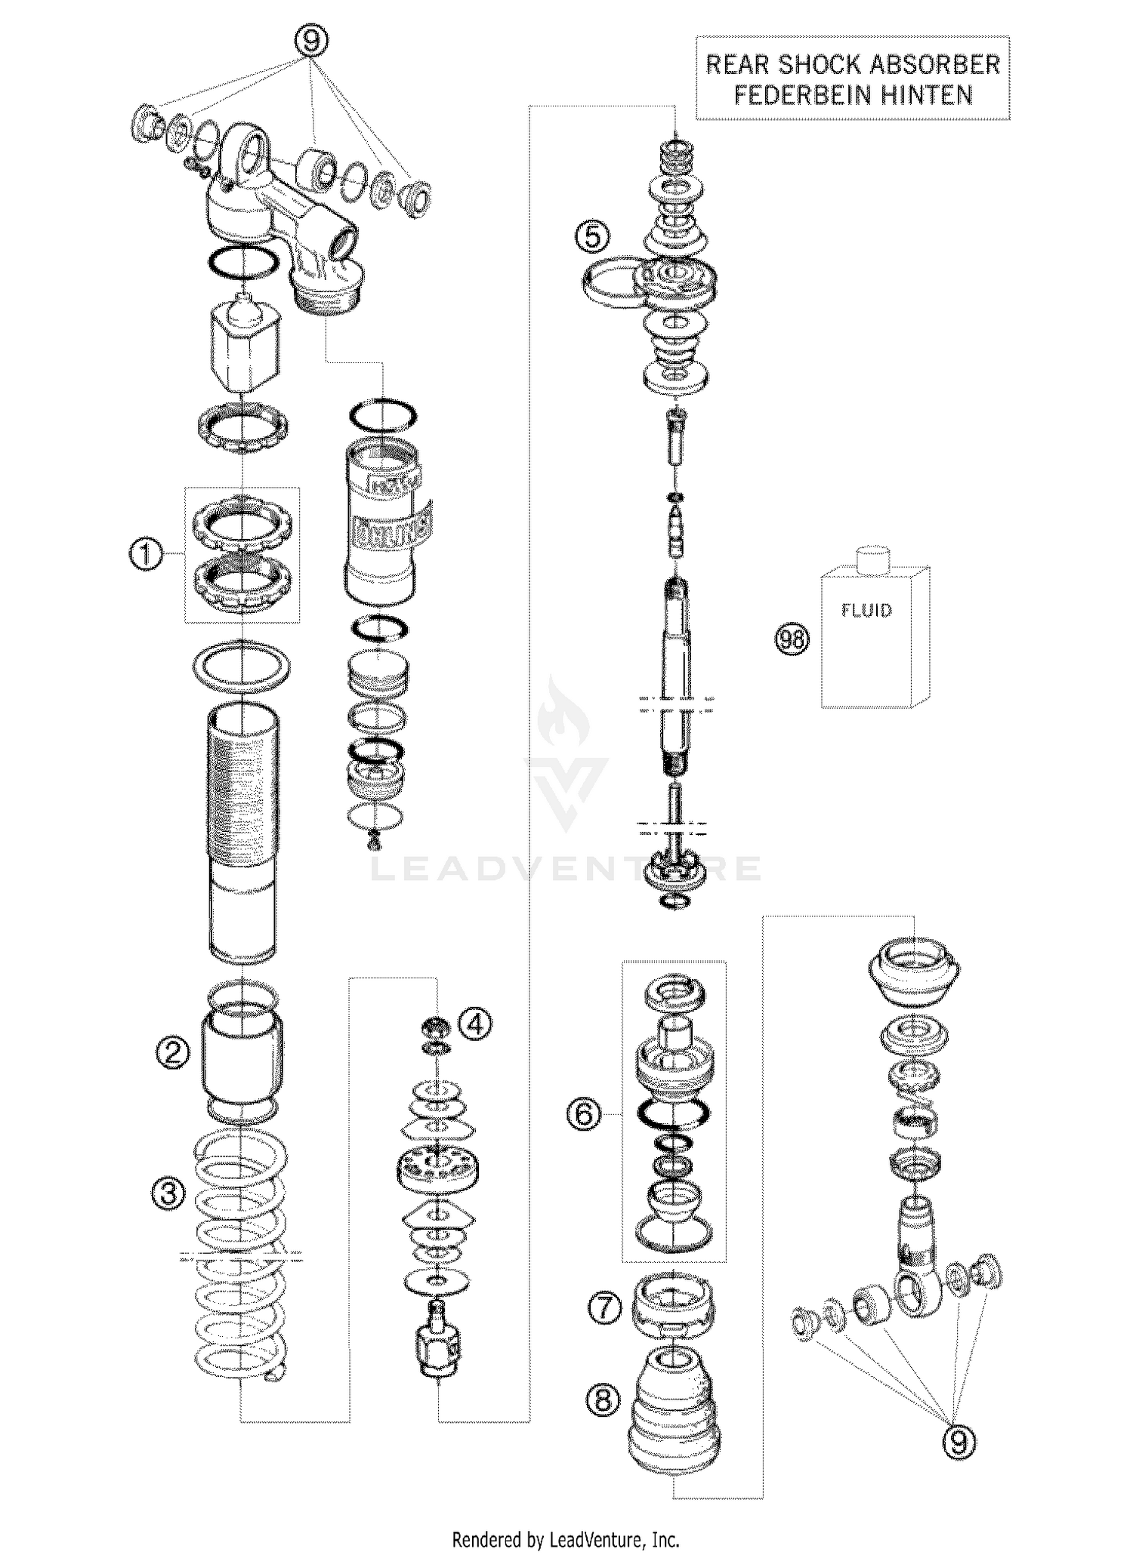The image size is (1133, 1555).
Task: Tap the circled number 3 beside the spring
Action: coord(168,1193)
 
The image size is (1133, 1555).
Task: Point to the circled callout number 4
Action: coord(477,1024)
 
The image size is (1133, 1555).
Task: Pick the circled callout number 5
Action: coord(592,237)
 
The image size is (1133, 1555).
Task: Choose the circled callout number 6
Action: coord(584,1114)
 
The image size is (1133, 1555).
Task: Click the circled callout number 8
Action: coord(602,1401)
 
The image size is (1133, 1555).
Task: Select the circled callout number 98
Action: coord(792,640)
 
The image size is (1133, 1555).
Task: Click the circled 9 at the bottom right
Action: coord(958,1443)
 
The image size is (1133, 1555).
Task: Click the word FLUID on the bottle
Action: coord(866,610)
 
